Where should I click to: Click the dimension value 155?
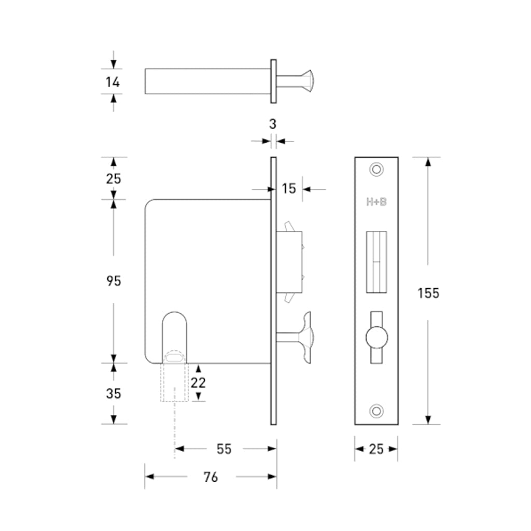coord(428,293)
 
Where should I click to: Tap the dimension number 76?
coord(211,477)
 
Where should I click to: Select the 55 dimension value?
coord(224,449)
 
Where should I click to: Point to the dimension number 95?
coord(114,281)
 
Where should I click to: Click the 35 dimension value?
coord(114,394)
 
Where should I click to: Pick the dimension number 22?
coord(198,383)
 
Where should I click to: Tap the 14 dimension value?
coord(113,82)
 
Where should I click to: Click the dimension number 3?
coord(273,124)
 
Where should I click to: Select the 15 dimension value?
coord(289,189)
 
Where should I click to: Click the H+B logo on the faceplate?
coord(376,202)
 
